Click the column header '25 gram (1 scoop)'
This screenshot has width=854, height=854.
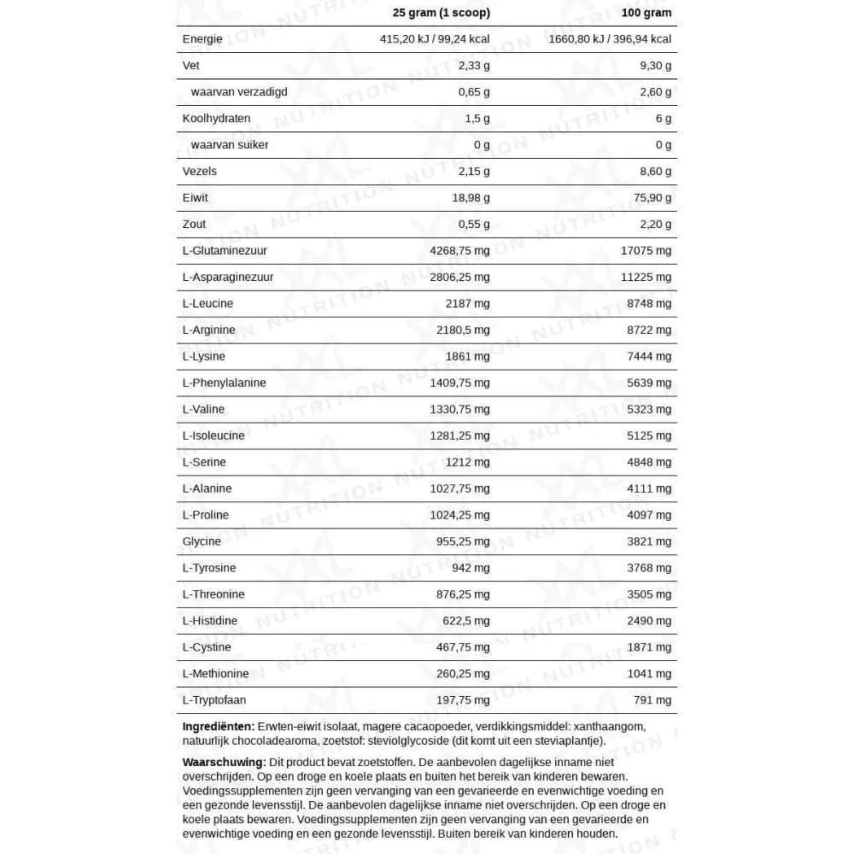pyautogui.click(x=441, y=13)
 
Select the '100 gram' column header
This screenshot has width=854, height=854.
pyautogui.click(x=646, y=13)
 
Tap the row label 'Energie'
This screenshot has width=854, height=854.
pyautogui.click(x=202, y=39)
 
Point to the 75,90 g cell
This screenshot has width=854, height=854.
pyautogui.click(x=652, y=198)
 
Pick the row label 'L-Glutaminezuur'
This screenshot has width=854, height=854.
pyautogui.click(x=225, y=251)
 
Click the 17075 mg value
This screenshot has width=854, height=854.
pyautogui.click(x=646, y=251)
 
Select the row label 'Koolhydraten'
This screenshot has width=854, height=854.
pyautogui.click(x=216, y=119)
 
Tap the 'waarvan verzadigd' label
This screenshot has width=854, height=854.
pyautogui.click(x=239, y=92)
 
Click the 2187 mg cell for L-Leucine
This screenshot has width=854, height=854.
pyautogui.click(x=468, y=304)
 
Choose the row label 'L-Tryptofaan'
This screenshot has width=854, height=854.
pyautogui.click(x=214, y=700)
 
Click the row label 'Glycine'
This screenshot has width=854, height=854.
pyautogui.click(x=202, y=541)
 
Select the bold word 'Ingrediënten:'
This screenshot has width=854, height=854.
pyautogui.click(x=219, y=727)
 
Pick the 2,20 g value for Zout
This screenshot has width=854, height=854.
pyautogui.click(x=655, y=225)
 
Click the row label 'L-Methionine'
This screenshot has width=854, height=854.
pyautogui.click(x=216, y=674)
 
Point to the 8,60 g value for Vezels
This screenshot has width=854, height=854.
pyautogui.click(x=655, y=172)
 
